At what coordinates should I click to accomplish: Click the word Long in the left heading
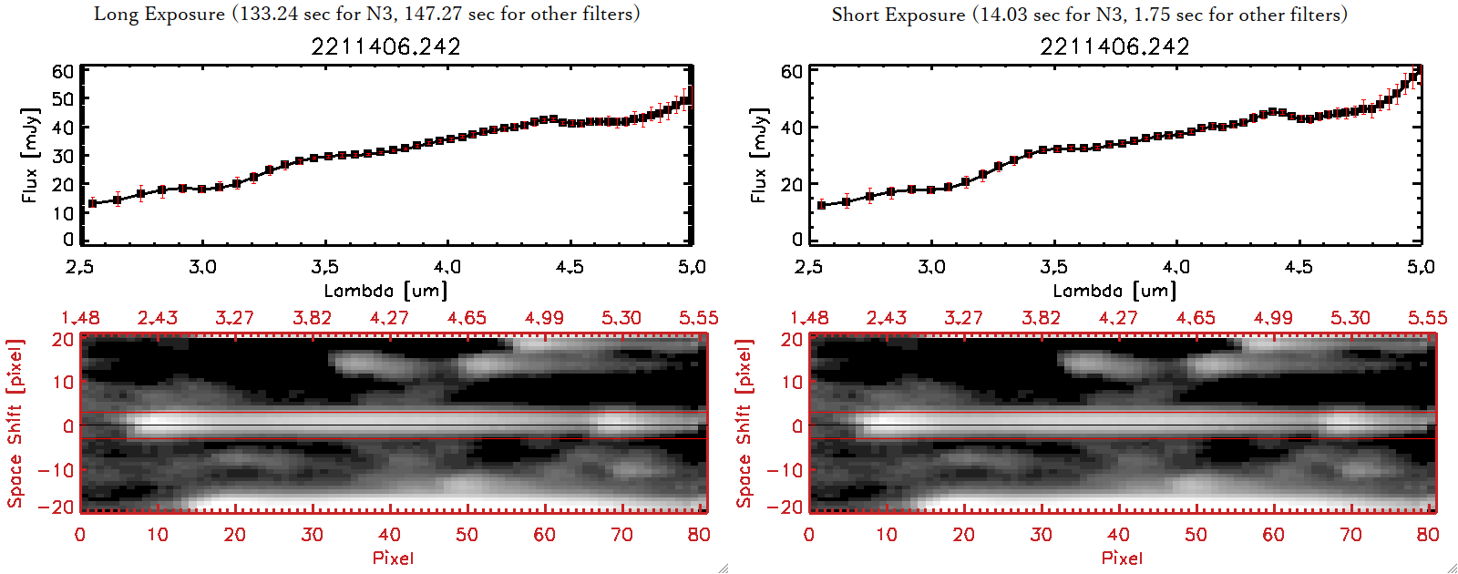pos(116,15)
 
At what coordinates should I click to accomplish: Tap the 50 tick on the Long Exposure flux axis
pos(63,98)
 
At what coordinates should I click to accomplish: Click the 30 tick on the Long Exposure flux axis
pos(63,156)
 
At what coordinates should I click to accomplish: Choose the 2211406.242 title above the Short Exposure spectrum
pos(1114,46)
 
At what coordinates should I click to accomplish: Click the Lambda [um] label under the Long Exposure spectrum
pos(385,291)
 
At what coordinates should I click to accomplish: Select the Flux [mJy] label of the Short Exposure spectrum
pos(758,155)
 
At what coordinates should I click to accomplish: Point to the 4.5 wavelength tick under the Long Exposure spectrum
pos(570,267)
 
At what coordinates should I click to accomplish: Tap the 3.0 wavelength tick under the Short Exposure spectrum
pos(931,267)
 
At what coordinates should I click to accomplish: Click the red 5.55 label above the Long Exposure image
pos(698,318)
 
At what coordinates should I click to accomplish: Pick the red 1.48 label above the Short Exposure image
pos(809,318)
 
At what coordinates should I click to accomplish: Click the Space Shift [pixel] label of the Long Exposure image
pos(15,424)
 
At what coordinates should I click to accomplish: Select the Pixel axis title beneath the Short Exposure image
pos(1122,558)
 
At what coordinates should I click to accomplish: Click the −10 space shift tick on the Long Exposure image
pos(56,469)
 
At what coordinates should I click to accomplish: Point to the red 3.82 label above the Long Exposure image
pos(312,318)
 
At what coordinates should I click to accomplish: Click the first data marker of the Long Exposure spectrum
pos(92,203)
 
